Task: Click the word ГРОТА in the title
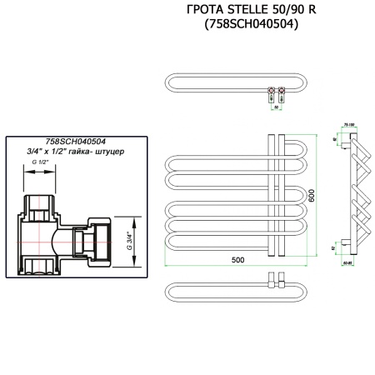pos(204,10)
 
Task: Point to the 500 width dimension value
pos(237,261)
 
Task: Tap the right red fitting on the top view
pos(284,88)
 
